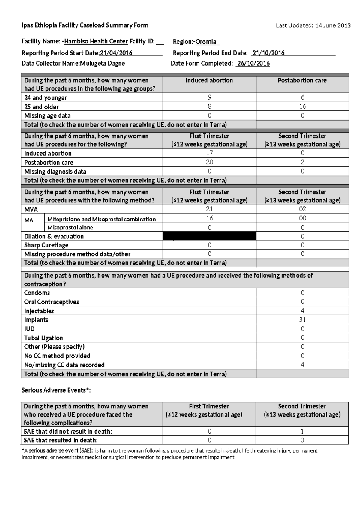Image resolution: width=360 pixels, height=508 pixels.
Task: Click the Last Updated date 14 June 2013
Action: click(x=333, y=25)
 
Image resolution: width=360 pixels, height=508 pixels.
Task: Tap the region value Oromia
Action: click(x=206, y=42)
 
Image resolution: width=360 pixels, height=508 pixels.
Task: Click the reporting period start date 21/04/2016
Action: click(x=116, y=53)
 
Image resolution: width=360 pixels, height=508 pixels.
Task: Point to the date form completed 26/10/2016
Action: click(x=253, y=63)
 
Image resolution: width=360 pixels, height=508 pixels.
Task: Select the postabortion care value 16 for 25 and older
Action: click(x=302, y=106)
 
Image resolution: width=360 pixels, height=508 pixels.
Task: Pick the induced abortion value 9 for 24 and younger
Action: click(x=209, y=97)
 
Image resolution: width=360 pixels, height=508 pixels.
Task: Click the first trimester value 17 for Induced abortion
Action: click(x=209, y=153)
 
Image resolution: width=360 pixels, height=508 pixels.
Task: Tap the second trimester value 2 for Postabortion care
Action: click(x=302, y=162)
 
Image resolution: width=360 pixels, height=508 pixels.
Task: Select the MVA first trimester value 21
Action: click(x=209, y=209)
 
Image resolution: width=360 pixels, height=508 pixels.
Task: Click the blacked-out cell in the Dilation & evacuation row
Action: click(x=209, y=236)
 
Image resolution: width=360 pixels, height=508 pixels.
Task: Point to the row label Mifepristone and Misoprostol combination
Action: click(x=101, y=219)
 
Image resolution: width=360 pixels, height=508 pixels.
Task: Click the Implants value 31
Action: click(x=302, y=320)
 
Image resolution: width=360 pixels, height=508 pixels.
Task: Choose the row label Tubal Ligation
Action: click(x=43, y=338)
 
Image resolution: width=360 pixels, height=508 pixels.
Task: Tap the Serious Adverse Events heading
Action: click(x=56, y=390)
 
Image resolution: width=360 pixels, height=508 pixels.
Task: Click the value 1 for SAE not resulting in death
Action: click(x=302, y=431)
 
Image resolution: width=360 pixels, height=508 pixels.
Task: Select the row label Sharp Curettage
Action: click(x=46, y=245)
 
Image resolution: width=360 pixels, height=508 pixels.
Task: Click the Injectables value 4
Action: click(x=302, y=311)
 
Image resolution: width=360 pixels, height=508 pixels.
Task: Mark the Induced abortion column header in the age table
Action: click(x=209, y=80)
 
